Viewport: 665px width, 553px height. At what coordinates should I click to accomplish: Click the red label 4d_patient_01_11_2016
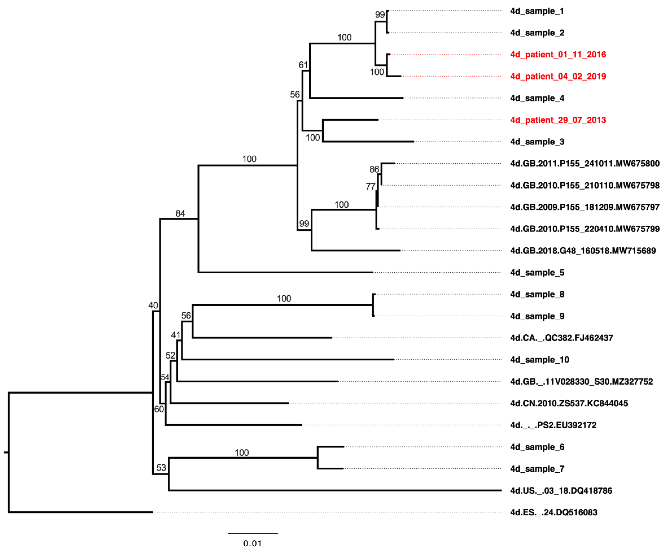tap(558, 55)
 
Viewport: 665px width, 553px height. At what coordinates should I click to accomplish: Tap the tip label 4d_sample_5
tap(537, 273)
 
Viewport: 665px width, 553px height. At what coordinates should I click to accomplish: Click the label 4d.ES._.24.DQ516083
tap(554, 512)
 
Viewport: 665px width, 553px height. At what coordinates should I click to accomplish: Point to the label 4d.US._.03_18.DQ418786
tap(561, 490)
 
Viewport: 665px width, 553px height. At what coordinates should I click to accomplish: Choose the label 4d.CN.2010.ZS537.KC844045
tap(569, 403)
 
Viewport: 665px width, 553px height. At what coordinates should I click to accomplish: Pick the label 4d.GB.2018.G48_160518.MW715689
tap(583, 251)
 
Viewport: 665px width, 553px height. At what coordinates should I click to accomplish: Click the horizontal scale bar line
tap(253, 533)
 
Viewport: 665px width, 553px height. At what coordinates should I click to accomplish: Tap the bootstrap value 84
tap(180, 214)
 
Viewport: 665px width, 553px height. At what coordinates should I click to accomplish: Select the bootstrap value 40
tap(153, 305)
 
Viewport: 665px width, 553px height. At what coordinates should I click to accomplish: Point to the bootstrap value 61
tap(303, 65)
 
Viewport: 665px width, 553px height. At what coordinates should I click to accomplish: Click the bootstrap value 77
tap(370, 187)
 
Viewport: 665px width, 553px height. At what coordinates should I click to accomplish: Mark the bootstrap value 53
tap(161, 467)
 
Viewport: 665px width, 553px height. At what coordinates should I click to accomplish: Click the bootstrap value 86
tap(374, 169)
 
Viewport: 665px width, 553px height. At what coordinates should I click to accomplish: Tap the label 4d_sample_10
tap(539, 360)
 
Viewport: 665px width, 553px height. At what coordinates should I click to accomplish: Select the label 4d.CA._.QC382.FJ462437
tap(561, 338)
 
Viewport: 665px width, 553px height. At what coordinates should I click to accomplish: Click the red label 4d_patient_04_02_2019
tap(558, 76)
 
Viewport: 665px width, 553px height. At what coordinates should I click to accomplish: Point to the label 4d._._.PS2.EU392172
tap(553, 425)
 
